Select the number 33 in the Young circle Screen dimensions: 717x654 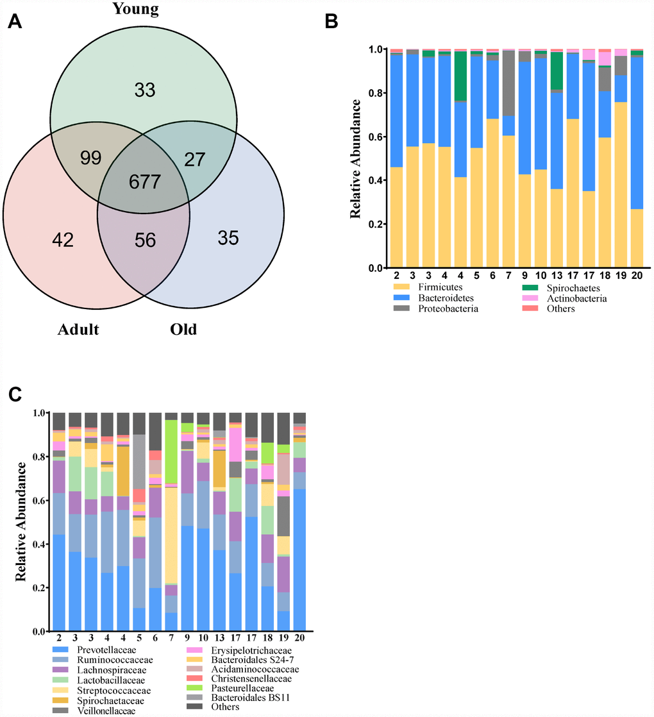144,90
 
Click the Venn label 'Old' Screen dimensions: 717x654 183,330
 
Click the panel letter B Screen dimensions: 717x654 331,22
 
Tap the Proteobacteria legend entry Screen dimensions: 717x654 436,308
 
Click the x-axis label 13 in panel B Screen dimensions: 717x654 557,275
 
